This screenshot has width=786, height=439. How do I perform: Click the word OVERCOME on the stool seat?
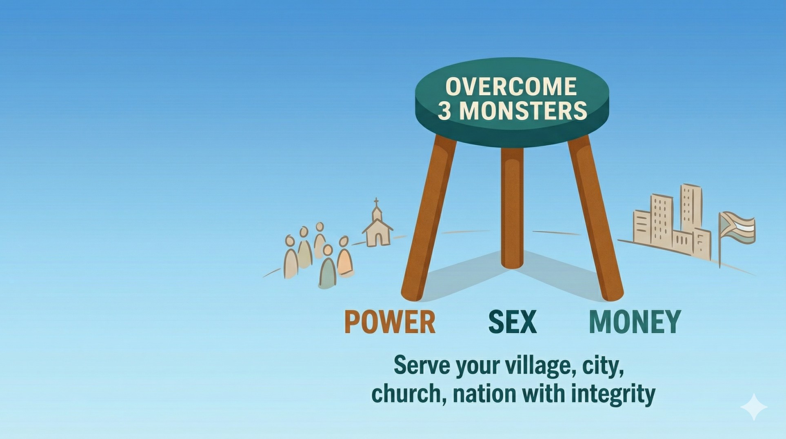(511, 86)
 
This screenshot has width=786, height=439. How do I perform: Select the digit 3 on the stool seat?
(444, 110)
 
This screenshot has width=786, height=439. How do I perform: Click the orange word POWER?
(390, 322)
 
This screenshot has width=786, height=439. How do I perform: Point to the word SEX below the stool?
(513, 322)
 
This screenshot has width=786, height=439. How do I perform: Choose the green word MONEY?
(635, 322)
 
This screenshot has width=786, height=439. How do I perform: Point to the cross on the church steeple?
(376, 202)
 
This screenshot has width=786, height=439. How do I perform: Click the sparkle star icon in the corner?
(754, 407)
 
